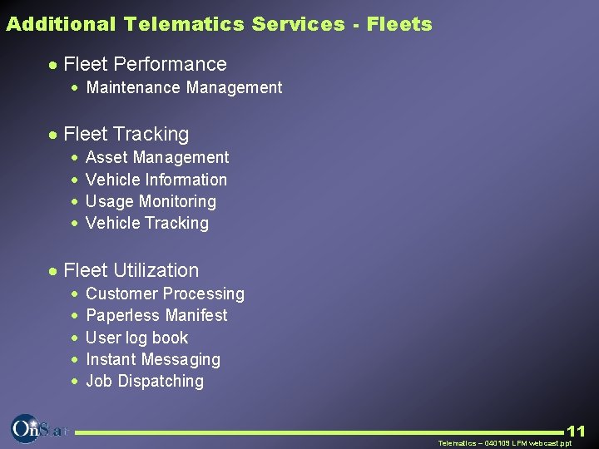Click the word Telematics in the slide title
click(184, 24)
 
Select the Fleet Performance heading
click(145, 64)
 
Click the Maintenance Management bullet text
click(184, 87)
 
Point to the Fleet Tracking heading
click(126, 134)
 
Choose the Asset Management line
click(157, 157)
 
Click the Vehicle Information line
click(156, 180)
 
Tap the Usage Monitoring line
click(151, 201)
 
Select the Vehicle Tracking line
click(147, 223)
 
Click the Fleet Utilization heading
click(131, 270)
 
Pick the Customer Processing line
click(165, 294)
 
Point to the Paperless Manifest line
click(156, 315)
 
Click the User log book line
click(137, 338)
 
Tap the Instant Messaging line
click(153, 359)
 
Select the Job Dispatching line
click(145, 381)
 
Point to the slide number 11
click(576, 431)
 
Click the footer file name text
click(505, 443)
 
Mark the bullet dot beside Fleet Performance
click(52, 65)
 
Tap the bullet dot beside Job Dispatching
click(75, 382)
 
